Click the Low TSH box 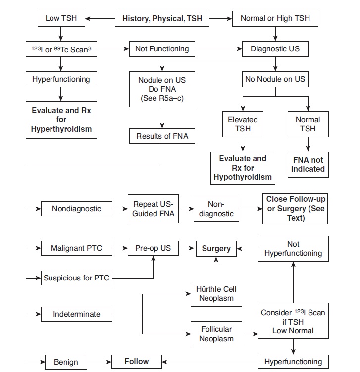[59, 19]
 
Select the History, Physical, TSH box [158, 19]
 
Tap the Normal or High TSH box [275, 19]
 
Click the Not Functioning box [162, 49]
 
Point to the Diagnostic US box [275, 49]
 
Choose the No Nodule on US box [275, 79]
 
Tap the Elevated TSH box [243, 124]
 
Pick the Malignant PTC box [76, 248]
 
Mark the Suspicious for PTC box [76, 278]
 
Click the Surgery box [216, 248]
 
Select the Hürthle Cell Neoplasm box [216, 294]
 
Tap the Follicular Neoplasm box [216, 334]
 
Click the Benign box [66, 362]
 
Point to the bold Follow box [136, 361]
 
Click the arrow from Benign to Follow [99, 362]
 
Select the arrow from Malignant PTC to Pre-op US [118, 248]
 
